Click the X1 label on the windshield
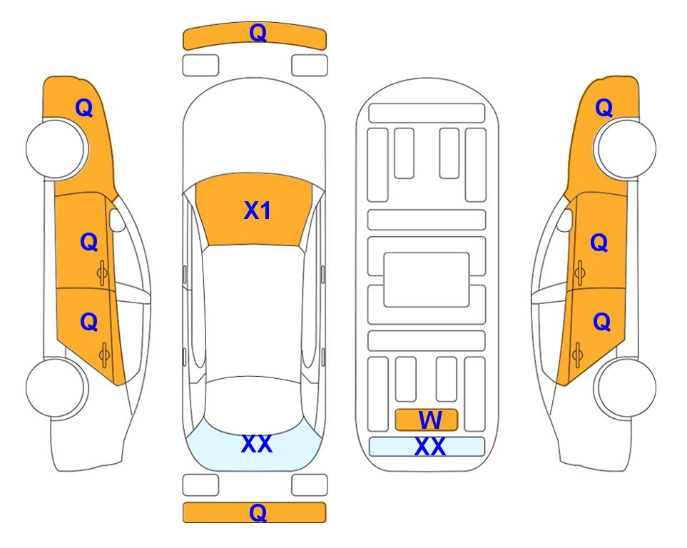tap(258, 210)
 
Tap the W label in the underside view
tap(429, 420)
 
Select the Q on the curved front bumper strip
tap(258, 33)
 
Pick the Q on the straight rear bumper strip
tap(258, 512)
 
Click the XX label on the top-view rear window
tap(257, 444)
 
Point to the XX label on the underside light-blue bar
tap(429, 447)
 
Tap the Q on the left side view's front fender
tap(84, 108)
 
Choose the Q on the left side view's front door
tap(89, 242)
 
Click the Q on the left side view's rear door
tap(89, 323)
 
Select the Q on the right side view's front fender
tap(604, 108)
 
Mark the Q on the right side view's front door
tap(599, 243)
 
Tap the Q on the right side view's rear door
tap(601, 323)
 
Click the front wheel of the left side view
tap(56, 148)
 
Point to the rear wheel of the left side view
tap(56, 387)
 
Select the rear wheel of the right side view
tap(625, 387)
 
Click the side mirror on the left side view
tap(117, 220)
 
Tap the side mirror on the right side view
tap(565, 220)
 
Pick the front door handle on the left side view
tap(102, 273)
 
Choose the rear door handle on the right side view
tap(577, 355)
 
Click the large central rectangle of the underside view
tap(427, 280)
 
